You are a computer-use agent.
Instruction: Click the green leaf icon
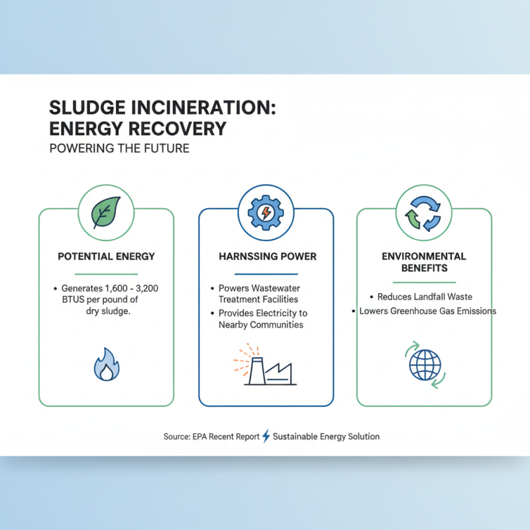pyautogui.click(x=106, y=212)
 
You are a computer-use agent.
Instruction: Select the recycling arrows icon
pyautogui.click(x=424, y=212)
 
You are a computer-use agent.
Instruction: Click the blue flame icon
pyautogui.click(x=106, y=365)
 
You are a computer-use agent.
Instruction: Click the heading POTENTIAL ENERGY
pyautogui.click(x=106, y=256)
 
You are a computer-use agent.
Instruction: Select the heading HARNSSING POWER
pyautogui.click(x=266, y=256)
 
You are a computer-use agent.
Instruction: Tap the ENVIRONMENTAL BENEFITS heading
pyautogui.click(x=424, y=262)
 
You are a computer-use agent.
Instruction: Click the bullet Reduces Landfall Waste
pyautogui.click(x=424, y=297)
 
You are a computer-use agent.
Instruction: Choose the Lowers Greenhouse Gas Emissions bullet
pyautogui.click(x=427, y=311)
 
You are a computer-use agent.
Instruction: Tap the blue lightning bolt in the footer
pyautogui.click(x=266, y=436)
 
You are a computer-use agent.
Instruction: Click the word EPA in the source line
pyautogui.click(x=201, y=437)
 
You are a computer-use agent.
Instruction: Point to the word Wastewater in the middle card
pyautogui.click(x=273, y=289)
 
